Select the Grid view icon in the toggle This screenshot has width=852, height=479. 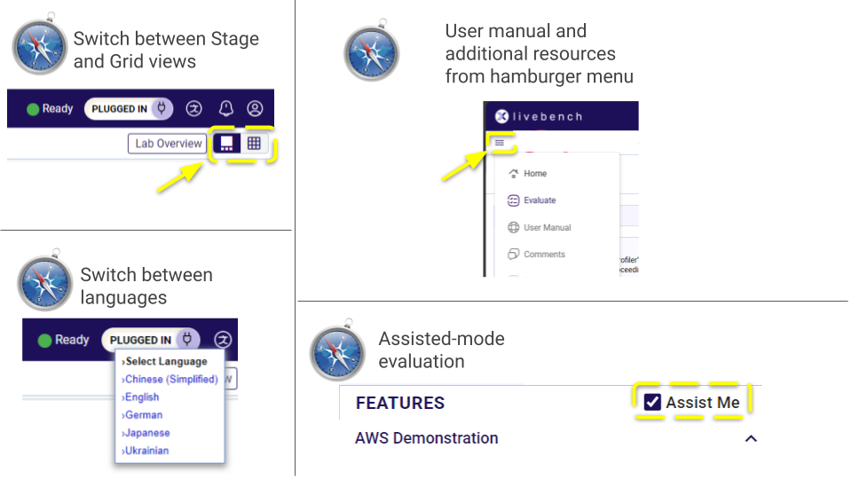click(x=254, y=144)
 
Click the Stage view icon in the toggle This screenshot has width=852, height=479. click(x=227, y=144)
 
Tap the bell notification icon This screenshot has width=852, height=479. click(x=226, y=109)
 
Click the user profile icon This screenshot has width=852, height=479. click(x=255, y=109)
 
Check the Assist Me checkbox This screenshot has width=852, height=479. click(x=653, y=403)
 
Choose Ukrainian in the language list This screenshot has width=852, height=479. click(x=146, y=451)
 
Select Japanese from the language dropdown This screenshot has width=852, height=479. click(x=146, y=433)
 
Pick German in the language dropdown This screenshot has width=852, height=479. click(x=143, y=415)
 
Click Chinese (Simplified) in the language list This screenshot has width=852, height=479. click(x=170, y=380)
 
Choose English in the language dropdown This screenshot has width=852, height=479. click(x=141, y=397)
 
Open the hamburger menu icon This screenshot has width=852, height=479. click(x=500, y=142)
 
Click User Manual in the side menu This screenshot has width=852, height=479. click(x=547, y=228)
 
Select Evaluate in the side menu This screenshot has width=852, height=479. click(x=540, y=200)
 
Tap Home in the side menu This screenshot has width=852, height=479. click(x=535, y=174)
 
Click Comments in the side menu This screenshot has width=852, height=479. click(x=544, y=255)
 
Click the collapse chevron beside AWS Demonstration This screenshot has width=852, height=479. click(x=751, y=438)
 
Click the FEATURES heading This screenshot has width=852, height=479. click(x=400, y=403)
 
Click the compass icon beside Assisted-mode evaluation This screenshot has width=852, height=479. click(x=337, y=353)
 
